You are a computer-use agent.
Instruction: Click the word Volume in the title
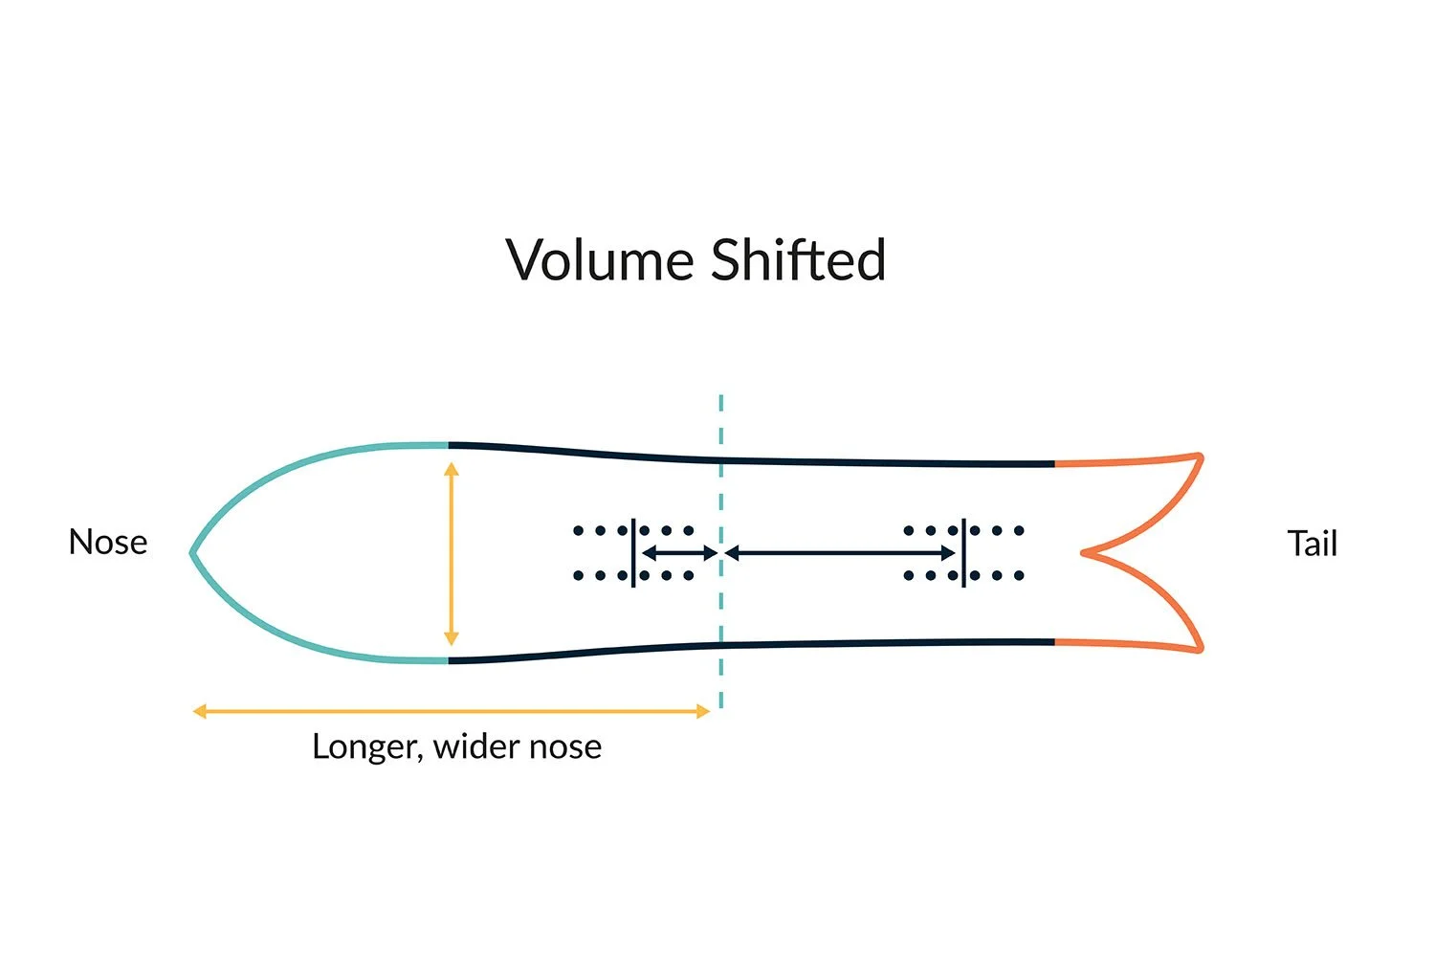600,260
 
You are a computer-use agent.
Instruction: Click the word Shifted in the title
798,260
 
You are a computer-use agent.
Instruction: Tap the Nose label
108,543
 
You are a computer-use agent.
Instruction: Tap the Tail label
1312,544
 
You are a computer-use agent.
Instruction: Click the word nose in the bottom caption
565,746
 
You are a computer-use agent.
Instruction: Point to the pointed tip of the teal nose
192,552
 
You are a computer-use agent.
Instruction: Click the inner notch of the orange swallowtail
1084,552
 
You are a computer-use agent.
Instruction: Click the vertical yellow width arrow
452,553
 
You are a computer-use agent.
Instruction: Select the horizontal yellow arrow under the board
451,711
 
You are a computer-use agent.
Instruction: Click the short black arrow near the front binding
678,553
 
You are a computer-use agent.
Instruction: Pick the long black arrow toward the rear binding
840,553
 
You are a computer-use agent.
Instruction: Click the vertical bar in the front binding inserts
633,553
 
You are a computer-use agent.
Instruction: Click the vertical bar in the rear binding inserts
963,553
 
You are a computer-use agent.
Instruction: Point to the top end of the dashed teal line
720,397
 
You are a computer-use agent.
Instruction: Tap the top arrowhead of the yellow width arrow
452,468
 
